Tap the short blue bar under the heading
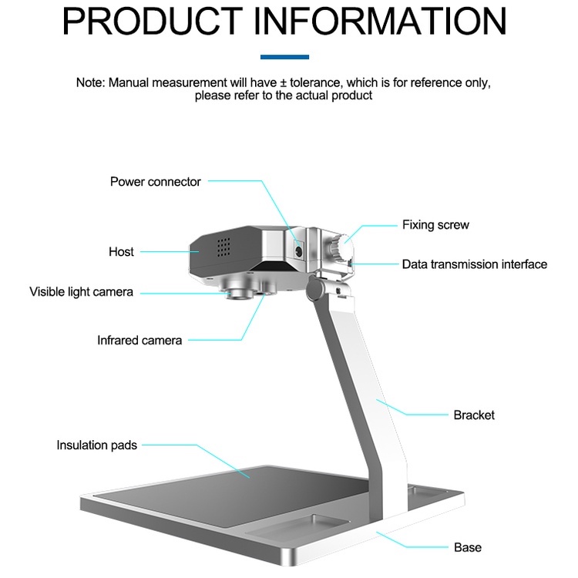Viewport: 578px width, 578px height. point(284,56)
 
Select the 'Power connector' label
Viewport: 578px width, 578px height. point(155,182)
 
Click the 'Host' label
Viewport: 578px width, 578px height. point(121,252)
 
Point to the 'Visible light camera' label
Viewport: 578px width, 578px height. point(81,292)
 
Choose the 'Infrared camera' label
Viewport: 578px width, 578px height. point(139,340)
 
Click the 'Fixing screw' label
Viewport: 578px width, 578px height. point(435,225)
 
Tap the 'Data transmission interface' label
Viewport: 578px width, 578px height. point(474,264)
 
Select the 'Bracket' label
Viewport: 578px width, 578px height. point(473,415)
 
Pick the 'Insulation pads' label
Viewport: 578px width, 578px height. point(96,445)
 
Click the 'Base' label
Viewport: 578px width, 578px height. point(467,548)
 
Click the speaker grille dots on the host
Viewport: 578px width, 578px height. point(223,247)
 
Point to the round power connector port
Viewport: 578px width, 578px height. point(298,248)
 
